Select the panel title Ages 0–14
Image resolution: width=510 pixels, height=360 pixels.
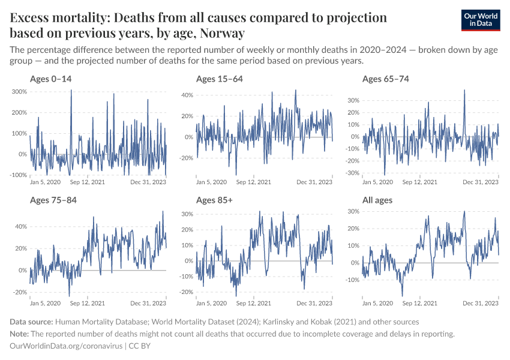[51, 79]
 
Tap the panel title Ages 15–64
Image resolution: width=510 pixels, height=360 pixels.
[220, 79]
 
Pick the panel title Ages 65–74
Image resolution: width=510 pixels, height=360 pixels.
[386, 79]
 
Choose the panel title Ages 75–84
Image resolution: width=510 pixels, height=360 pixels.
[53, 200]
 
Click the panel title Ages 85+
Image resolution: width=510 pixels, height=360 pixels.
[214, 200]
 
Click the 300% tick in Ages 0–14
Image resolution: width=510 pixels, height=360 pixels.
[19, 91]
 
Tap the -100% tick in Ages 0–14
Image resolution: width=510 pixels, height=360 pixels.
[18, 175]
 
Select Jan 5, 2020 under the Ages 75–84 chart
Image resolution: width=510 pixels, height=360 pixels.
[45, 303]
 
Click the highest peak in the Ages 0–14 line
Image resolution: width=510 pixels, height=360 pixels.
[71, 91]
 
